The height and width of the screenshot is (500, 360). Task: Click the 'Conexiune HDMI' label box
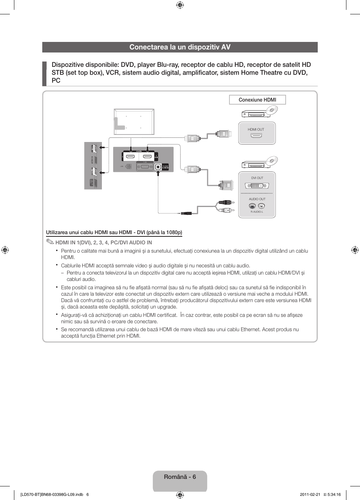coord(257,100)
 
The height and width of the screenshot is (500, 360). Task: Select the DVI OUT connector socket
coord(257,185)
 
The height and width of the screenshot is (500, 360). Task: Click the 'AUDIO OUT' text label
coord(257,199)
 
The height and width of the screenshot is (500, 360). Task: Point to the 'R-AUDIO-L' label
coord(257,212)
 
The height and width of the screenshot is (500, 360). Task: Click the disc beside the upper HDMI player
coord(272,110)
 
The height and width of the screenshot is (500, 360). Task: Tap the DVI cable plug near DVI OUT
coord(226,185)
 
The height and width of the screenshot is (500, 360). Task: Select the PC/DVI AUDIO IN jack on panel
coord(158,167)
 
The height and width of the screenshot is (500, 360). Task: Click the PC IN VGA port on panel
coord(144,167)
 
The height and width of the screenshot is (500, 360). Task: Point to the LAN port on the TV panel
coord(128,166)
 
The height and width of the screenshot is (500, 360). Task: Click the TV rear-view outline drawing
coord(134,122)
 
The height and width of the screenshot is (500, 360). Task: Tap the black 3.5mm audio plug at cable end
coord(186,213)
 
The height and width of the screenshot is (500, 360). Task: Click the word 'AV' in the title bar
coord(226,47)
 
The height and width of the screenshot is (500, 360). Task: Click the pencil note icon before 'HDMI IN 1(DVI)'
coord(50,242)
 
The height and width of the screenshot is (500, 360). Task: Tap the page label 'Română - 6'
coord(180,477)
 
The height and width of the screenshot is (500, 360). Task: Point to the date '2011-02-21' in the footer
coord(310,494)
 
